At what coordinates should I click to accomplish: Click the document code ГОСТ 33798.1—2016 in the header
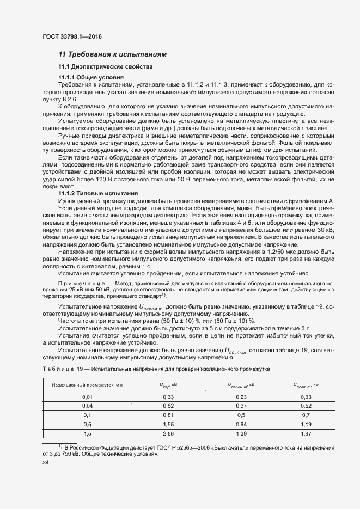(x=71, y=37)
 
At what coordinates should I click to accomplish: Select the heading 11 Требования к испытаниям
(x=112, y=54)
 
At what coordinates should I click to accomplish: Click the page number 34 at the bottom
(x=46, y=463)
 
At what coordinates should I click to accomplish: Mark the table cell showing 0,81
(x=168, y=415)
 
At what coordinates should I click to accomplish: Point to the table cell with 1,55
(x=168, y=424)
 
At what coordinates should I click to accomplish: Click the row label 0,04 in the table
(x=88, y=406)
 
